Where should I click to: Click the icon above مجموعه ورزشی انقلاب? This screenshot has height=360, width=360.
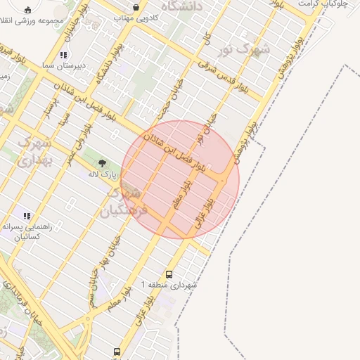[x=27, y=10]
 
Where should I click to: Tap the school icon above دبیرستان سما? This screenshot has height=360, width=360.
[x=63, y=54]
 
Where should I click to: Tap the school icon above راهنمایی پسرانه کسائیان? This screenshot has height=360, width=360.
[x=27, y=216]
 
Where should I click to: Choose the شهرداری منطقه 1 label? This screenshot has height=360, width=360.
[x=169, y=285]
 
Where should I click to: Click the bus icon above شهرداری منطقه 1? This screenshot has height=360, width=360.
[x=169, y=274]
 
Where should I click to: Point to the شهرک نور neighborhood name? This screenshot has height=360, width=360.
[x=253, y=50]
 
